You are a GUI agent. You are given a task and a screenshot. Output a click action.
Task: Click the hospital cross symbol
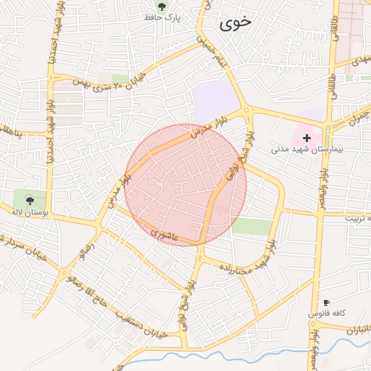click(x=307, y=137)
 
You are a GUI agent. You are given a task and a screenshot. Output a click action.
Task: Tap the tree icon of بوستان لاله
click(x=30, y=201)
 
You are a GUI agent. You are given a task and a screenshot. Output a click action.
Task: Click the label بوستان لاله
click(x=30, y=212)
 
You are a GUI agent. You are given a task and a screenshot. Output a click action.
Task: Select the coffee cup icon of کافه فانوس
click(x=326, y=303)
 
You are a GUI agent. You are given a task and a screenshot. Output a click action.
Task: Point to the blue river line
click(x=217, y=356)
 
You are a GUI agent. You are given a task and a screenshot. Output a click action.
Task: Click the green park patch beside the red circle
click(x=251, y=227)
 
